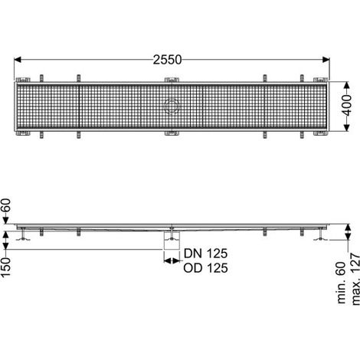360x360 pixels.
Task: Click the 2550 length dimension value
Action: click(167, 60)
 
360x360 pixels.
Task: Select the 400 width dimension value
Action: click(347, 106)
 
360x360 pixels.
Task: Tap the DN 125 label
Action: click(205, 254)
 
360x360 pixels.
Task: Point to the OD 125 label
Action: click(205, 268)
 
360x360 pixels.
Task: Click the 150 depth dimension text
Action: click(6, 267)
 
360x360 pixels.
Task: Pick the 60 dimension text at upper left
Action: click(6, 205)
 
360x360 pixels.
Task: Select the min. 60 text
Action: click(342, 283)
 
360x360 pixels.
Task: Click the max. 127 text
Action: click(355, 279)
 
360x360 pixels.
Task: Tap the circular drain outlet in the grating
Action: click(172, 106)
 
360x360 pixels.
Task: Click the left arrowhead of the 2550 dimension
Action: click(18, 60)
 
